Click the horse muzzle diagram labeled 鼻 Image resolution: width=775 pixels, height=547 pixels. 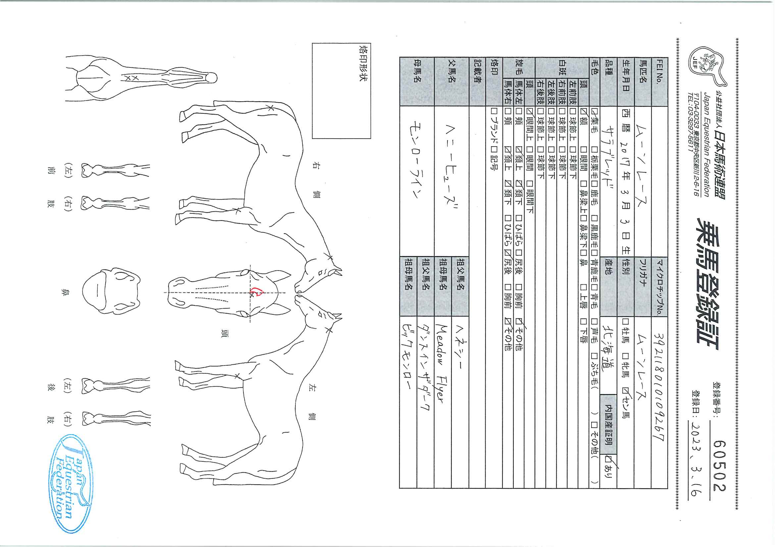[x=111, y=292]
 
